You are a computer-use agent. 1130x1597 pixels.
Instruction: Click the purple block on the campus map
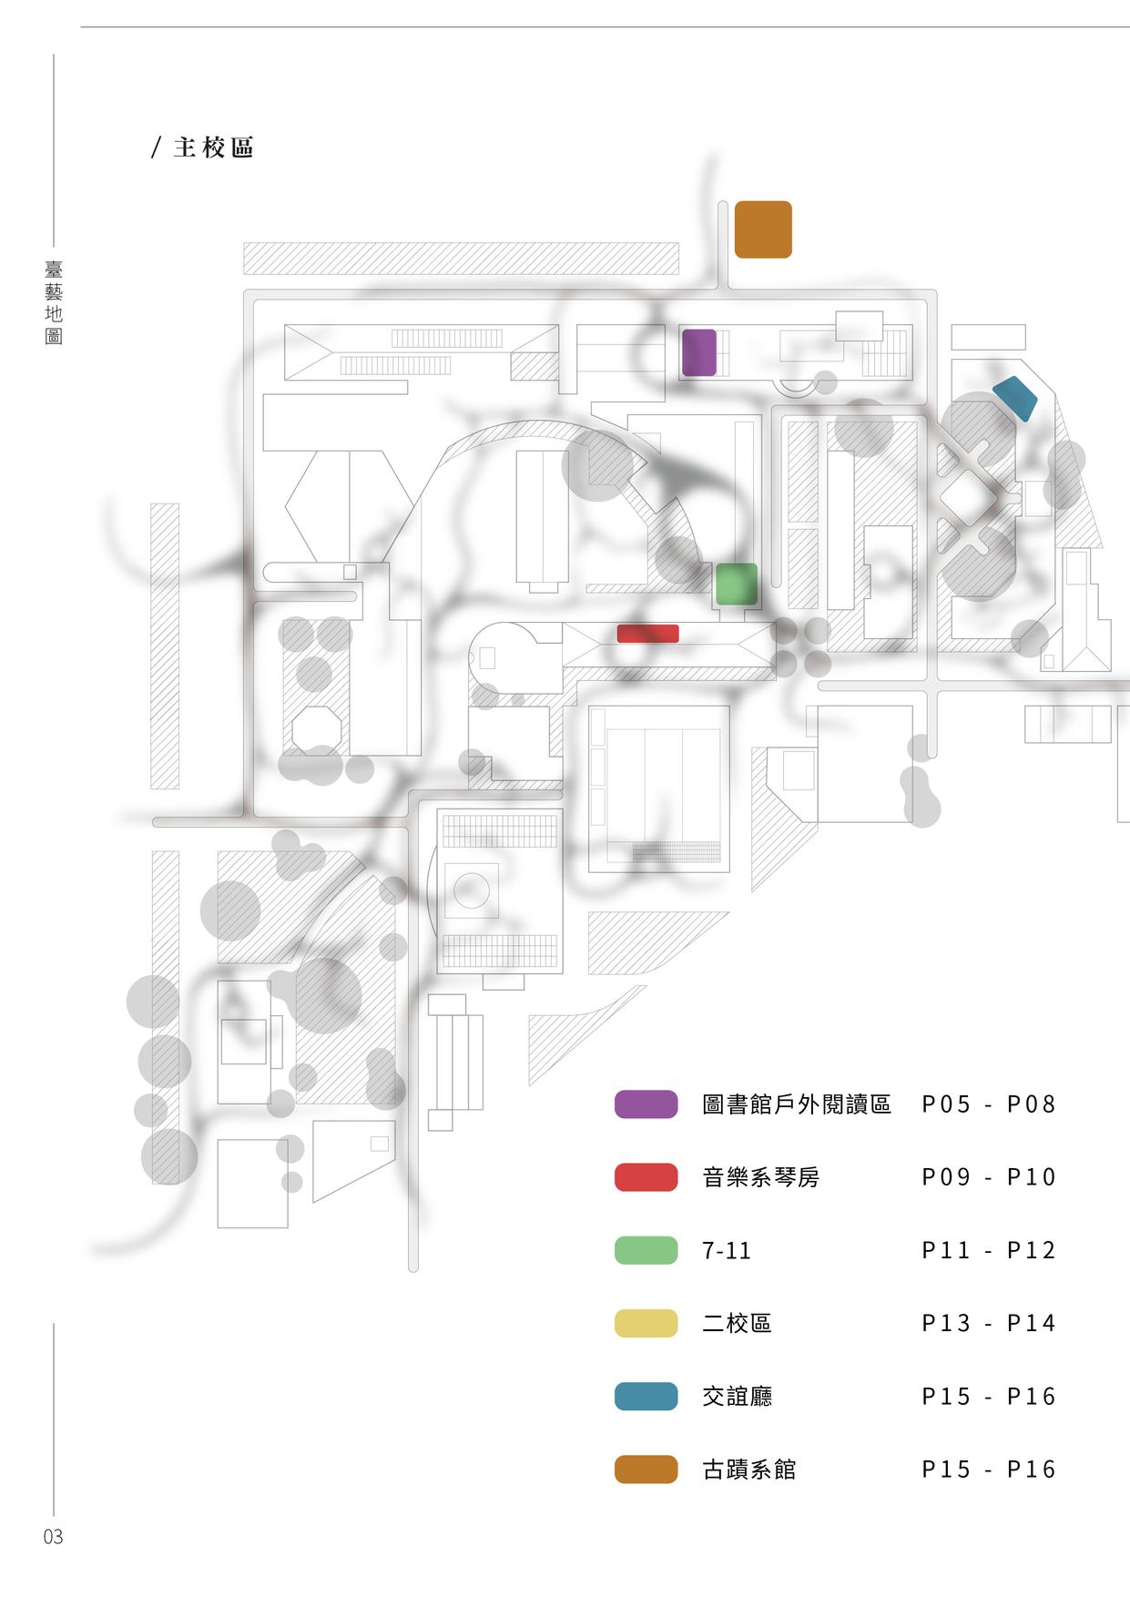tap(699, 352)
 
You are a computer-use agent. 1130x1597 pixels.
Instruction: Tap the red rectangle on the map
tap(647, 633)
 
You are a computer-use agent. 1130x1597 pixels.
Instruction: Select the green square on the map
tap(736, 584)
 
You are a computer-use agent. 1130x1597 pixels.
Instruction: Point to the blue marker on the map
tap(1014, 398)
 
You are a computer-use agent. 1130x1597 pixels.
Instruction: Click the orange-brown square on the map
tap(763, 229)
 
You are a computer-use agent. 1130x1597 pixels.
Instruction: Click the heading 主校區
tap(213, 147)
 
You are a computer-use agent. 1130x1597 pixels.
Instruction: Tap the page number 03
tap(53, 1537)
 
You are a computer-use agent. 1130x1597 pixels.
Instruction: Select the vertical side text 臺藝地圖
tap(54, 303)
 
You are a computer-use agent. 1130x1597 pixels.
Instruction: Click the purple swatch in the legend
tap(646, 1104)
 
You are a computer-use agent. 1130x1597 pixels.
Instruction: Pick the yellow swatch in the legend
tap(646, 1323)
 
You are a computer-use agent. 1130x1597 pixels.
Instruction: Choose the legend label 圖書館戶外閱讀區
tap(796, 1104)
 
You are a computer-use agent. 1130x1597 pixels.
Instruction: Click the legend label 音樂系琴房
tap(760, 1177)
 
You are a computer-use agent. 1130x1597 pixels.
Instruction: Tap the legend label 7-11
tap(727, 1251)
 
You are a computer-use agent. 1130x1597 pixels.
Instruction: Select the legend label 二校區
tap(737, 1323)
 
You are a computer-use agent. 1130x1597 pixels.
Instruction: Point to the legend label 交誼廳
tap(737, 1396)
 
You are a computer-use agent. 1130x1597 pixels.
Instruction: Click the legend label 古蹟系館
tap(748, 1469)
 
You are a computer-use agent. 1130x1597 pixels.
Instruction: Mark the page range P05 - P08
tap(988, 1104)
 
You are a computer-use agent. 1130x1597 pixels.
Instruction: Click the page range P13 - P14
tap(988, 1323)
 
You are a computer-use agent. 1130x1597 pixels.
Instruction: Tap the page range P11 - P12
tap(988, 1250)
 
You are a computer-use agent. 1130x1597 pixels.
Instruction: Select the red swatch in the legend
tap(646, 1177)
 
